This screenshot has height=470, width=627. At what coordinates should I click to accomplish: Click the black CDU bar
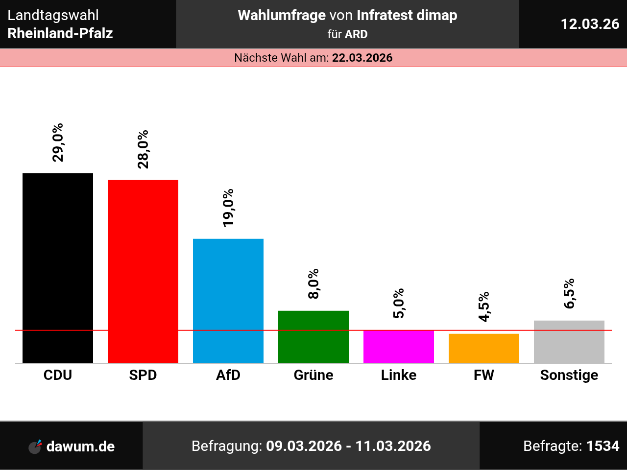(x=58, y=268)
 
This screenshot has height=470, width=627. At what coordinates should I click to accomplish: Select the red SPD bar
(x=143, y=271)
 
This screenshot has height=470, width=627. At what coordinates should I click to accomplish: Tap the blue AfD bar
(x=228, y=301)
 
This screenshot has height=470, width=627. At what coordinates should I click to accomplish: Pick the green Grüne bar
(x=313, y=337)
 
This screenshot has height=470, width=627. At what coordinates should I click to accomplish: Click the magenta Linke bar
(x=399, y=347)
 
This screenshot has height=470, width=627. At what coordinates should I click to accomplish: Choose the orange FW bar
(x=484, y=348)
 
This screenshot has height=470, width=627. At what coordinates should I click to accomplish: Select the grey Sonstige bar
(x=569, y=342)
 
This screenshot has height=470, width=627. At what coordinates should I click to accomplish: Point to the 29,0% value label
(x=58, y=142)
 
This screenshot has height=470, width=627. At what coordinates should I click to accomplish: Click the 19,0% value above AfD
(x=228, y=208)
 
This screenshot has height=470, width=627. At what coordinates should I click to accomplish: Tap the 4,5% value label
(x=484, y=307)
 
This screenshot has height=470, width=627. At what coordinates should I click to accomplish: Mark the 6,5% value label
(x=569, y=294)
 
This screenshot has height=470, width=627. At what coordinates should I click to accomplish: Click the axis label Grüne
(x=313, y=375)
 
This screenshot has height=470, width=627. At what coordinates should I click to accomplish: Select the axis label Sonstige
(x=569, y=376)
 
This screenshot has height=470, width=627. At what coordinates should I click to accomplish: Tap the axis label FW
(x=484, y=375)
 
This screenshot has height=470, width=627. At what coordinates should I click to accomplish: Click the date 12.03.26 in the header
(x=590, y=24)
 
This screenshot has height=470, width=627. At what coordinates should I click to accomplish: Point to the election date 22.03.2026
(x=362, y=58)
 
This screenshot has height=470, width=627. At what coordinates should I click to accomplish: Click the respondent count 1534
(x=603, y=446)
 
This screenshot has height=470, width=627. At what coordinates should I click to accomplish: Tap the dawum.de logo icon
(x=35, y=446)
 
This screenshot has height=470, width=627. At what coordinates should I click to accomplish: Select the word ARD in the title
(x=356, y=34)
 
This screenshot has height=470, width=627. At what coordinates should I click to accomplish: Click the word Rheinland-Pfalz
(x=60, y=33)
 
